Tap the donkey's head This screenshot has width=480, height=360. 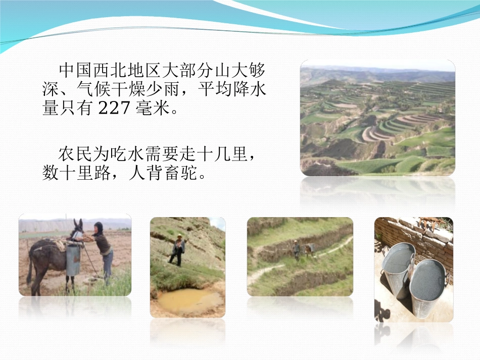coord(77,227)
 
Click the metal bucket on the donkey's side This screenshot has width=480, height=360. coord(73,259)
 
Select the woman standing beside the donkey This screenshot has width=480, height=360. coord(103,249)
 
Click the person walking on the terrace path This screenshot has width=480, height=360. coord(297,249)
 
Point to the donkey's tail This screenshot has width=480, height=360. coord(30,265)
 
